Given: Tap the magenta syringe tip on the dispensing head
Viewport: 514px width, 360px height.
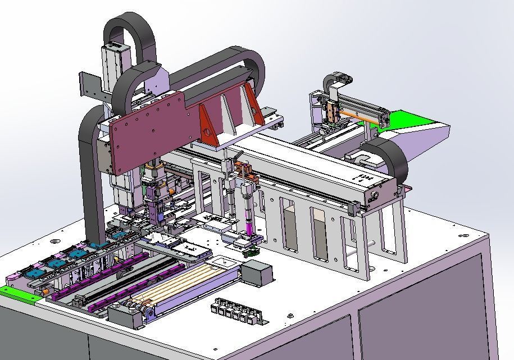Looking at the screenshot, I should coord(248,227).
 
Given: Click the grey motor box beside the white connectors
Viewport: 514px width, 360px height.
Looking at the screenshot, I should coord(257,274).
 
